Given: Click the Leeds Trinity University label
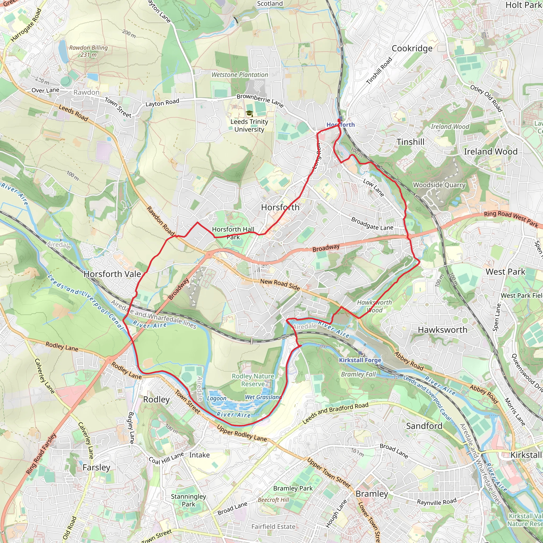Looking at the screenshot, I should (249, 125).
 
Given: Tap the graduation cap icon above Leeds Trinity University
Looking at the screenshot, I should (249, 113).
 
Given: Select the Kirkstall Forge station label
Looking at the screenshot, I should (360, 360).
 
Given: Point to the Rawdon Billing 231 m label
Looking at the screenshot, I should (89, 51).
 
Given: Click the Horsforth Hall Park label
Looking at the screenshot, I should (233, 233).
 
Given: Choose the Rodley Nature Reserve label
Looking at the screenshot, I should (253, 380).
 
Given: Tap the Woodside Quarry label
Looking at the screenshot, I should (439, 185).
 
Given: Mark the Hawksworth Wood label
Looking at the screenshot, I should (374, 306).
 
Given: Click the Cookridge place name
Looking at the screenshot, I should (412, 48).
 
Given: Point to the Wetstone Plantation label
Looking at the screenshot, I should (240, 75).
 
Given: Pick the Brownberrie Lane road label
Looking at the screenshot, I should (260, 100).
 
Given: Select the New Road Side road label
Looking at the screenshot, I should (280, 284).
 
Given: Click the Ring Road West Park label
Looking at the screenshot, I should (511, 219).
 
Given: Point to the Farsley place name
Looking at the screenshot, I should (96, 467).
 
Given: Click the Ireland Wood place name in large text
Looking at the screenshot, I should (491, 151).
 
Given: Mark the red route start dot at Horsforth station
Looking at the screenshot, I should (339, 120).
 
